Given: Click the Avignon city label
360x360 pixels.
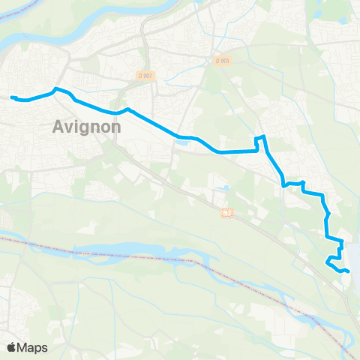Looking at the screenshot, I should [x=88, y=127].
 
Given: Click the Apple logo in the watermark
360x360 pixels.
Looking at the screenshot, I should [x=12, y=347].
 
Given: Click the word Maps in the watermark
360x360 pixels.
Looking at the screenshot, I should [x=33, y=347].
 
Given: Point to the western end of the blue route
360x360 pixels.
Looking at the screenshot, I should [x=11, y=97].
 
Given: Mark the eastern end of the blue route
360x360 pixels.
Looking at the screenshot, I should [x=348, y=271].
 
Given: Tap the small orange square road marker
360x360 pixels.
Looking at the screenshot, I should [x=228, y=214].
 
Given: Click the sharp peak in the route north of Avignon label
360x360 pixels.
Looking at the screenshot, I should [x=55, y=88].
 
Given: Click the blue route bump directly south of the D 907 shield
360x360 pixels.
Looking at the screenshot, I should [x=127, y=109].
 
